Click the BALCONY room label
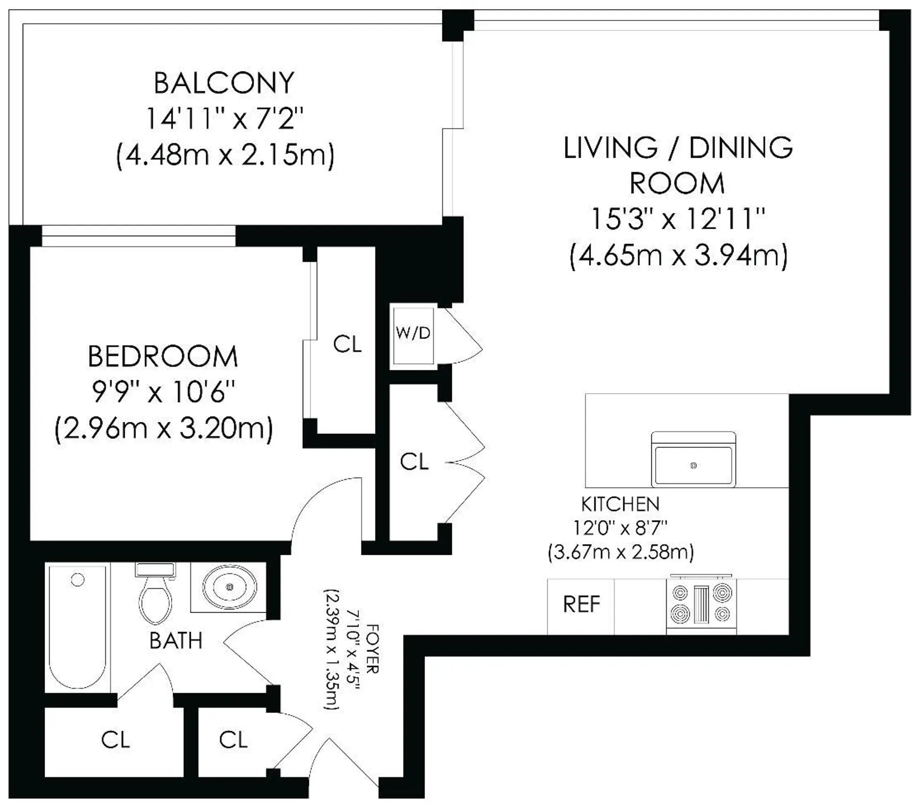pos(224,83)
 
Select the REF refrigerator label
pos(581,605)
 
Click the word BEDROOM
pos(163,357)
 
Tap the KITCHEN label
pos(620,504)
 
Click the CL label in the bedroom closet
pos(347,344)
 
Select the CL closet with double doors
pos(414,462)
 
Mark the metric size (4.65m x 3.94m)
pos(678,256)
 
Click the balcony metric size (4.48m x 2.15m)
pos(225,155)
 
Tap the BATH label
pos(176,641)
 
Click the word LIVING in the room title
pos(610,148)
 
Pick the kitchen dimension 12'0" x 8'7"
pos(621,528)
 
